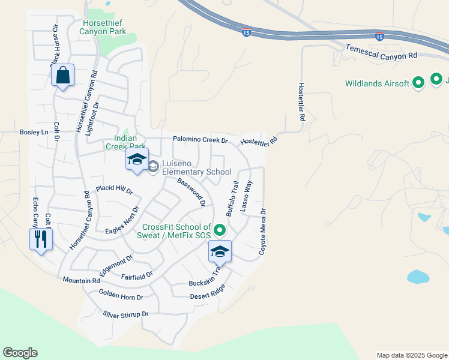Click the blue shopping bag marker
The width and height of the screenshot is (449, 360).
[x=62, y=76]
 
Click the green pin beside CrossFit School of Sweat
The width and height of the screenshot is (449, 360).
[x=220, y=230]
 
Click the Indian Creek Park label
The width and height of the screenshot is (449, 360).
[x=126, y=142]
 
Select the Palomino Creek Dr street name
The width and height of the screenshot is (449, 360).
[x=200, y=140]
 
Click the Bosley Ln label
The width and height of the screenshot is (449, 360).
[x=34, y=132]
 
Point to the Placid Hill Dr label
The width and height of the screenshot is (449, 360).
[x=114, y=189]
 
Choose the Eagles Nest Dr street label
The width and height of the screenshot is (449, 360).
[x=122, y=220]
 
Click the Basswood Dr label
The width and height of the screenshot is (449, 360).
[x=191, y=191]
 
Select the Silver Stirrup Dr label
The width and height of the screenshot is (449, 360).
[x=125, y=314]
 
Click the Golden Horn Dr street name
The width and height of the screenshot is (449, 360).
[x=121, y=296]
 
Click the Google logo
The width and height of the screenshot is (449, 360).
[x=20, y=353]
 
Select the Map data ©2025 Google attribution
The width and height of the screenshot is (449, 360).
[x=412, y=355]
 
